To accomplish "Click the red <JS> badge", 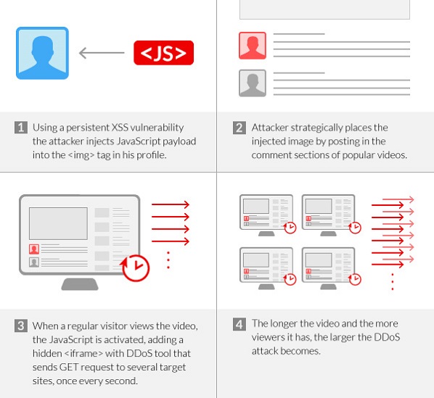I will pos(164,53).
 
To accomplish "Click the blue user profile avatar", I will pos(42,53).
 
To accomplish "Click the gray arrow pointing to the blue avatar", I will pos(101,53).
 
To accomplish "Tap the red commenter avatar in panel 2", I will pos(253,46).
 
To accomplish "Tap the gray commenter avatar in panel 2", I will pos(253,83).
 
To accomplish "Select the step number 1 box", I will pos(22,128).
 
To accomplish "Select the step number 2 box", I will pos(239,128).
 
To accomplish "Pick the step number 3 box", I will pos(22,326).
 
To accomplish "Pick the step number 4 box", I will pos(239,324).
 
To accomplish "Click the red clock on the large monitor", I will pos(135,268).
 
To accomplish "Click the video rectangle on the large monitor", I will pos(59,223).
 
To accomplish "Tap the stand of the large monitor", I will pos(80,283).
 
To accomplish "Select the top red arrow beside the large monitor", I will pos(171,205).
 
